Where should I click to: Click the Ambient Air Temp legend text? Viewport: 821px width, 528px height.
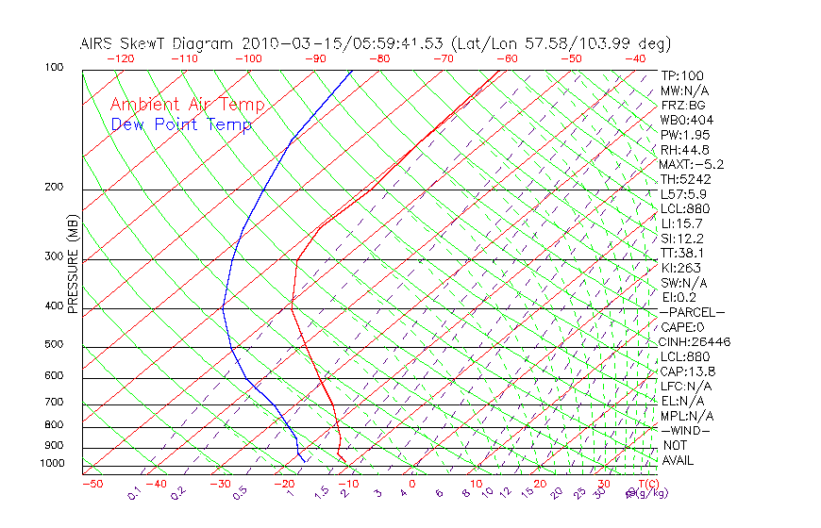click(x=187, y=105)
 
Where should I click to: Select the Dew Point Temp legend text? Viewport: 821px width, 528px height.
click(x=181, y=124)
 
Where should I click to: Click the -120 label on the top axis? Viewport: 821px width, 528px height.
click(x=120, y=58)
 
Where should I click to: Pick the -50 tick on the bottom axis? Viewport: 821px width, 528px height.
click(x=92, y=484)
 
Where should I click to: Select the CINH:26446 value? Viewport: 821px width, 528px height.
click(x=695, y=341)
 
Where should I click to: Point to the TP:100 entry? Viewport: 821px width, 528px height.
click(x=682, y=75)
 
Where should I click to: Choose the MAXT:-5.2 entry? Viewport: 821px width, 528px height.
click(x=692, y=164)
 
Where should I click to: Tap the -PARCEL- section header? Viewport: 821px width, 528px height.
click(x=692, y=312)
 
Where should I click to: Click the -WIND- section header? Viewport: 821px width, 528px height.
click(x=685, y=430)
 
